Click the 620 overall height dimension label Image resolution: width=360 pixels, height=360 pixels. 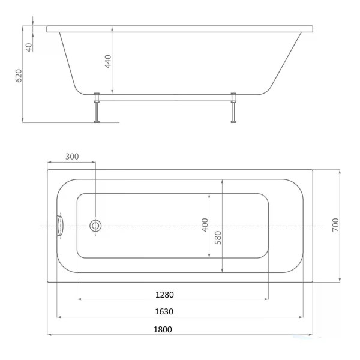click(x=19, y=76)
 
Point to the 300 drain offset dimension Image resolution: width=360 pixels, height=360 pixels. click(x=71, y=157)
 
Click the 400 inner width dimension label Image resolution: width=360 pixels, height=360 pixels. click(x=205, y=225)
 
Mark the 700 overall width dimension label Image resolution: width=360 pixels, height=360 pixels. click(x=336, y=225)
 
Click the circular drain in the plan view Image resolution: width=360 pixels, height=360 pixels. click(x=95, y=226)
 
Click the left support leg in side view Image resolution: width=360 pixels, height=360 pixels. click(x=96, y=108)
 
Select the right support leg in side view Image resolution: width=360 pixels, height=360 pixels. click(x=233, y=108)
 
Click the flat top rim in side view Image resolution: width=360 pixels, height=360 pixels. click(x=180, y=28)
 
